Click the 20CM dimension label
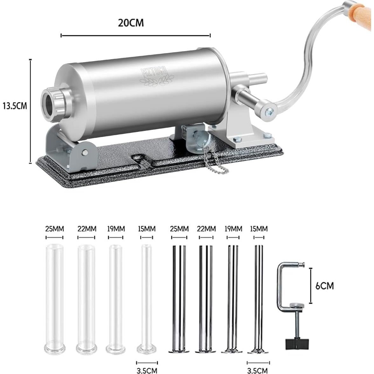click(131, 23)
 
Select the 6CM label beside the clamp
click(324, 286)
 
